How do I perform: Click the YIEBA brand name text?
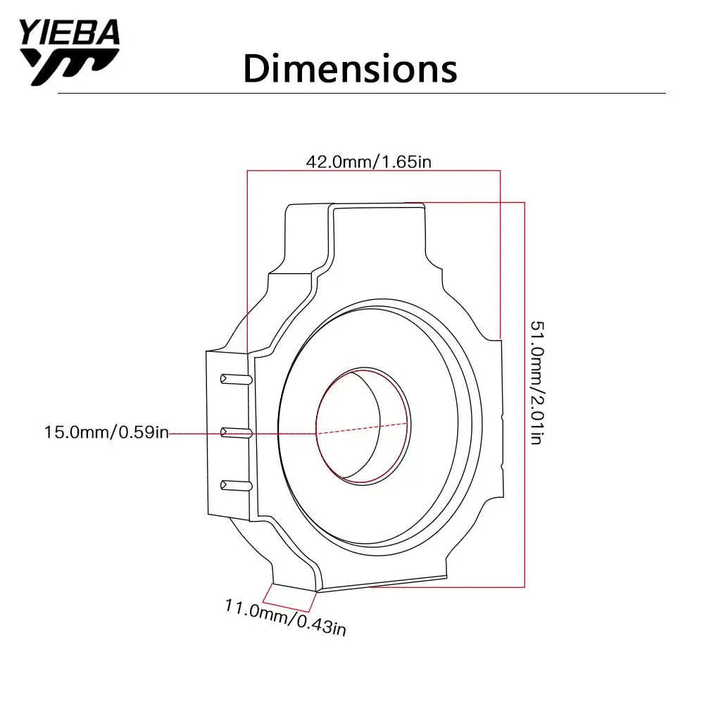click(70, 32)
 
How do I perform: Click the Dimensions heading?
click(350, 69)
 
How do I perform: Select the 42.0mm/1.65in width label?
click(369, 162)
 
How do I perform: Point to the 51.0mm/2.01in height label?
click(537, 382)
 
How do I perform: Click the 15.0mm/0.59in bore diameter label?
click(106, 432)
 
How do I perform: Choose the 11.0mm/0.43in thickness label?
click(286, 617)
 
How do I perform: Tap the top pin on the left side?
click(236, 379)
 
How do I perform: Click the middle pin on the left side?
click(236, 433)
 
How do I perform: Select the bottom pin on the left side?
click(236, 485)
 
